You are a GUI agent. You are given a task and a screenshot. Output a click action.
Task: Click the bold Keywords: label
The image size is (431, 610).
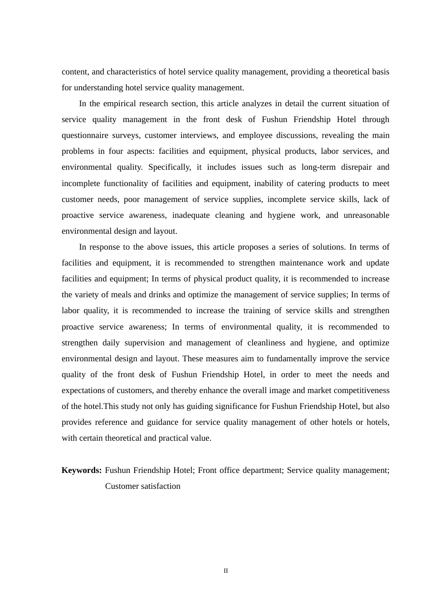[82, 470]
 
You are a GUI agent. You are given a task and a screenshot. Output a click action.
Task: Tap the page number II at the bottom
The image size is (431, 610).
[225, 571]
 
